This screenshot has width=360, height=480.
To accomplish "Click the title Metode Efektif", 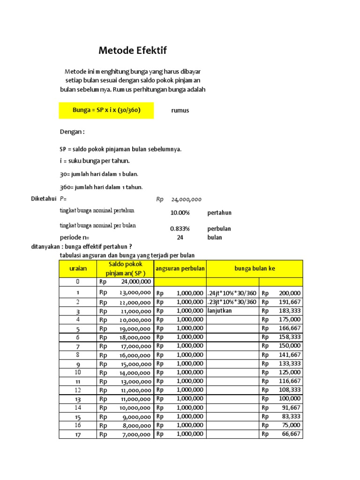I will (x=133, y=51).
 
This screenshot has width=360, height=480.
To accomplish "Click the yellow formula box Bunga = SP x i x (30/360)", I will (x=106, y=111).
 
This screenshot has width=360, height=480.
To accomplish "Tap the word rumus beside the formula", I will (x=180, y=111).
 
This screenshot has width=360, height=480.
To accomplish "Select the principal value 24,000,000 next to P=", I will (x=186, y=199).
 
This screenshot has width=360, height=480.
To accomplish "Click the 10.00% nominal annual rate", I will (x=180, y=213).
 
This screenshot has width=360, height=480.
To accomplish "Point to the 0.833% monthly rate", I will (x=180, y=229).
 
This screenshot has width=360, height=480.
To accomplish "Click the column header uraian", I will (x=77, y=269).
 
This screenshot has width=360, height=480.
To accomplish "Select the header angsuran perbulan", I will (x=180, y=269).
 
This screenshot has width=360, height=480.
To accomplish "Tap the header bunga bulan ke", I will (x=255, y=269).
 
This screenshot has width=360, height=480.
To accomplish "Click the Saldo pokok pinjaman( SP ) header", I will (x=125, y=269).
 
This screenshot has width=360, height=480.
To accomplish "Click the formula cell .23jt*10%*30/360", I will (x=232, y=302).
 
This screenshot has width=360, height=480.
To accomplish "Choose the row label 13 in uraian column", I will (x=77, y=399).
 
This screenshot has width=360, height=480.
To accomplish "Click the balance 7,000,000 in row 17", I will (x=137, y=435).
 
